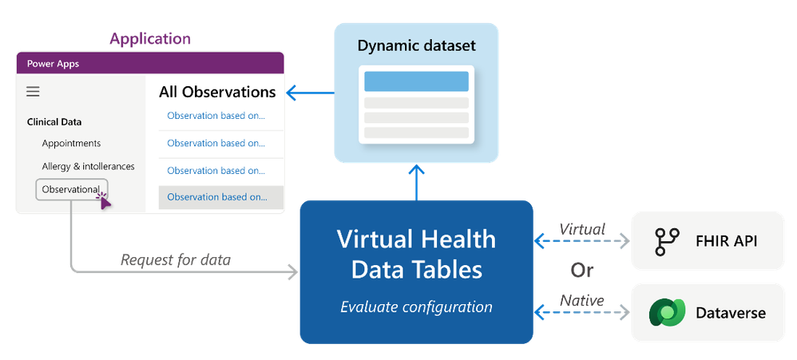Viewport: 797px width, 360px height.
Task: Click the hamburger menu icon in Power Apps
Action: click(33, 92)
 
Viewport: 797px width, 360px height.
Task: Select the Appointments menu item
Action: click(71, 144)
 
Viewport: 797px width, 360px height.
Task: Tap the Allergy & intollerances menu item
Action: click(88, 166)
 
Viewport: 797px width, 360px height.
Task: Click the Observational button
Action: click(71, 189)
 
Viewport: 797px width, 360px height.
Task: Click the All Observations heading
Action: click(217, 92)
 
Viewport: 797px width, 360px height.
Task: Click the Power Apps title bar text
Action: click(53, 64)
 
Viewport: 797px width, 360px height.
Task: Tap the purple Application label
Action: click(151, 38)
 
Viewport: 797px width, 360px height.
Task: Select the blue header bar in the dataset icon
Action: click(416, 81)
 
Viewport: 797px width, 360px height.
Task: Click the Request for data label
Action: click(176, 259)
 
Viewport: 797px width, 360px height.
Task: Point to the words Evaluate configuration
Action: click(416, 307)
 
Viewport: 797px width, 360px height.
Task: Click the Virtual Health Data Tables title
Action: click(416, 254)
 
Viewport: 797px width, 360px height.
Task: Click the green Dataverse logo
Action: click(664, 313)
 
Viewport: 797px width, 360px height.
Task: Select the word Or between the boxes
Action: click(581, 271)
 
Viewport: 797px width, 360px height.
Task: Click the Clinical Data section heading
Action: click(54, 122)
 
